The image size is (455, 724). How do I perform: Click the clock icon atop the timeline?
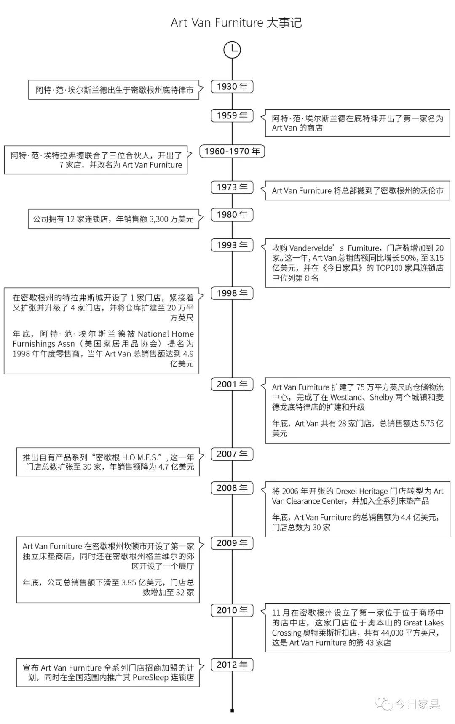pos(232,50)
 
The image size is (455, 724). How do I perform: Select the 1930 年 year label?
pos(232,87)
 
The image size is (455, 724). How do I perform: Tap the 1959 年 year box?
pos(232,116)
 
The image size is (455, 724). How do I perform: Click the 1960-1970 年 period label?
pos(232,152)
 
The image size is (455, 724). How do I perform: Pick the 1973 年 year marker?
pos(232,187)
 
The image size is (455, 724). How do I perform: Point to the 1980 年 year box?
pos(232,215)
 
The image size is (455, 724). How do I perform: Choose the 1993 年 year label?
pos(232,245)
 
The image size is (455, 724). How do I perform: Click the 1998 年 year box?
pos(232,294)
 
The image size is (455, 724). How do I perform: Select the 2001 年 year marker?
pos(232,385)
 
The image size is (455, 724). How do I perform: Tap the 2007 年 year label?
pos(232,454)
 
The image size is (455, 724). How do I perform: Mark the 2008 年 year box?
pos(232,488)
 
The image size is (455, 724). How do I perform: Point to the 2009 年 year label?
pos(232,543)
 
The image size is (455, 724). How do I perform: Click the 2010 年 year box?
pos(232,610)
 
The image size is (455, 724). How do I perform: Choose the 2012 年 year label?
pos(232,665)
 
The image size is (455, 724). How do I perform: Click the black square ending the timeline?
pos(232,711)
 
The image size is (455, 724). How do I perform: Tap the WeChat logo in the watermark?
pos(383,703)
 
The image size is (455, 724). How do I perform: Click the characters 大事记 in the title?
pos(284,23)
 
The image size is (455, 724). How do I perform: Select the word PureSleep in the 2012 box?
pos(150,678)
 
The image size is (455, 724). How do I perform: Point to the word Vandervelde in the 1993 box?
pos(311,248)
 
